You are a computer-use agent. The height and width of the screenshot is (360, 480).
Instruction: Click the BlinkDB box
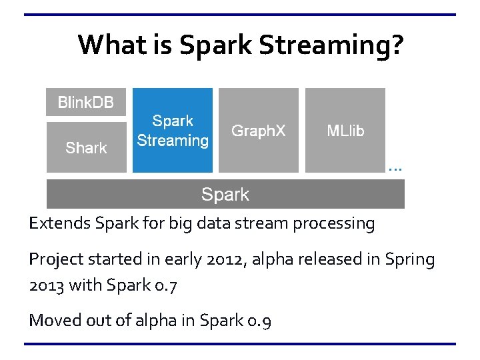85,102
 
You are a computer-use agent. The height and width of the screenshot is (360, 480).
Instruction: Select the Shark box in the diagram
85,147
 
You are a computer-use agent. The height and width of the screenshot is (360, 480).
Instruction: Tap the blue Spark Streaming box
173,131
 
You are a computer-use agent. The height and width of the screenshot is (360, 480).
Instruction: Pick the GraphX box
258,131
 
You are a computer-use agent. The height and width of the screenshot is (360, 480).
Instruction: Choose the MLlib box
345,131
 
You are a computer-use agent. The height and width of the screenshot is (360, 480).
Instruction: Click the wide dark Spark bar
225,195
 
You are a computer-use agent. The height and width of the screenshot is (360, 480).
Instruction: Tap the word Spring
410,259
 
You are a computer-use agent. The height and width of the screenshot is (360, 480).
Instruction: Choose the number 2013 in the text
46,285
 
